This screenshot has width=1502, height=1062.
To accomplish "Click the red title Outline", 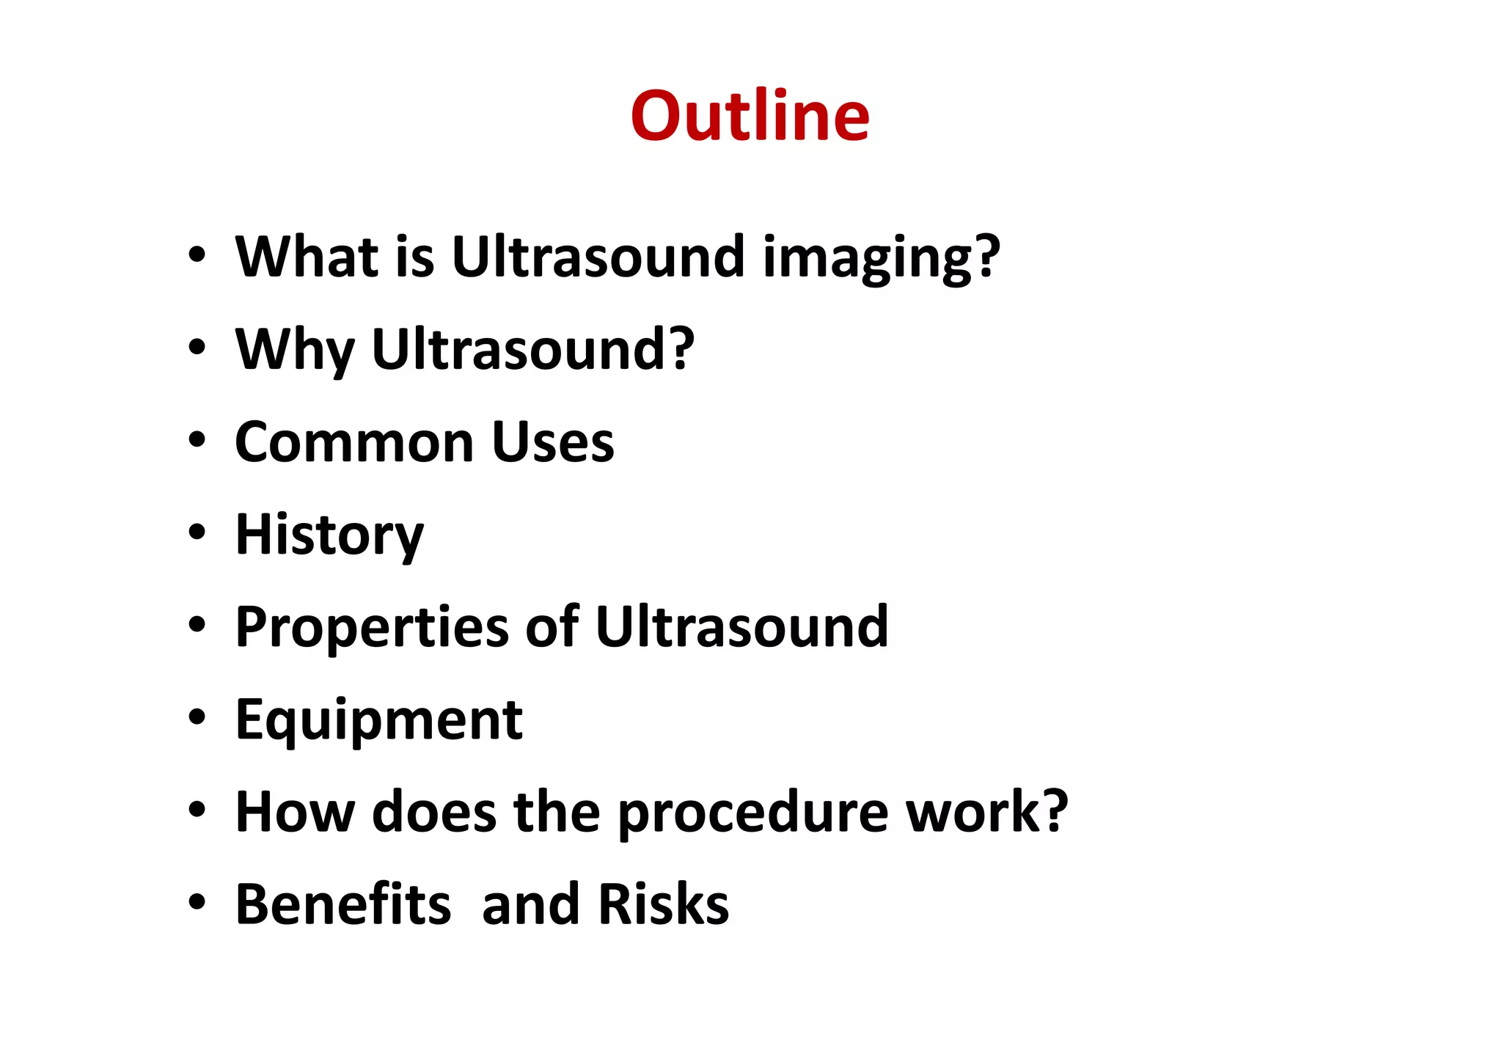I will [750, 116].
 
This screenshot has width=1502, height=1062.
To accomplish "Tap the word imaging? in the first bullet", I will [881, 258].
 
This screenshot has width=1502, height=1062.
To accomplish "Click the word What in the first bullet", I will [307, 257].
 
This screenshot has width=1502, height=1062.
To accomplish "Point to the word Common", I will [354, 442].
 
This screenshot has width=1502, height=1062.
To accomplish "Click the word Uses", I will [553, 442].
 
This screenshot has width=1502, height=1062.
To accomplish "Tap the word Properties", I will [372, 629].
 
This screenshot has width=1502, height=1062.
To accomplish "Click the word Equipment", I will [378, 721].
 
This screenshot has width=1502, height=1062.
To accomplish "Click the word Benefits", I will [342, 904].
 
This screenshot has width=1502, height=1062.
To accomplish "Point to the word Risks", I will [663, 904].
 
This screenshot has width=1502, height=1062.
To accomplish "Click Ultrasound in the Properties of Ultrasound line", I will [741, 627].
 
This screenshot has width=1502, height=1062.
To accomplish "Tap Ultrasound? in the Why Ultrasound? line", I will [532, 349].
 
